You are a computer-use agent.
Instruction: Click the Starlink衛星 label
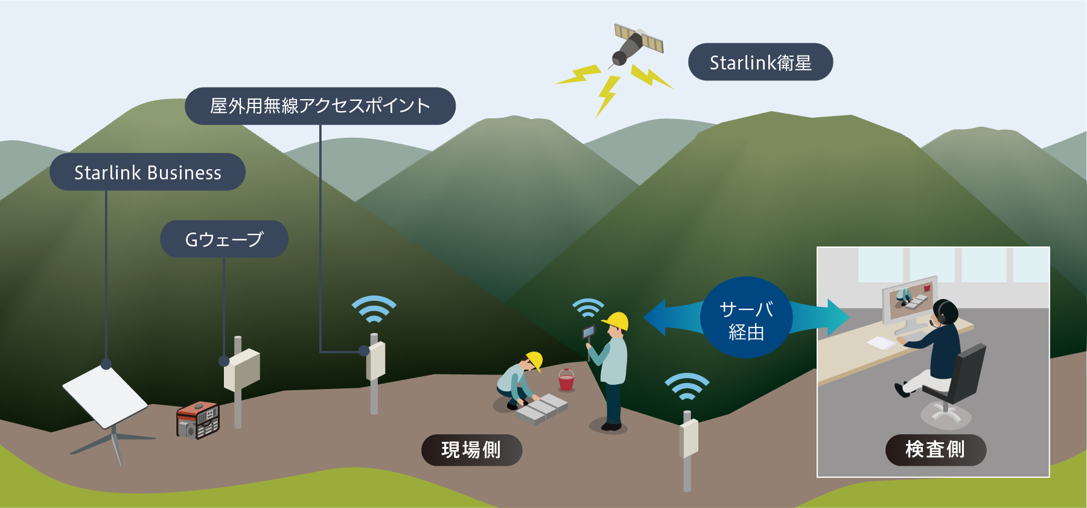[760, 62]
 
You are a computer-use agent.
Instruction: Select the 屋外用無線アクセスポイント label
[320, 106]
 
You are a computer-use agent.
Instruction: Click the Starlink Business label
[147, 173]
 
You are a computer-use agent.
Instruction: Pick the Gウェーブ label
[224, 239]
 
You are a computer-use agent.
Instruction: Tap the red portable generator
[197, 419]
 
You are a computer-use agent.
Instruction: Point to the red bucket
[566, 381]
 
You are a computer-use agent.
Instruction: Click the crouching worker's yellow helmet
[535, 360]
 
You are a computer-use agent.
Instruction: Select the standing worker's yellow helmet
[617, 320]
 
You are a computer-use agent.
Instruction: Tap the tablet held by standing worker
[588, 332]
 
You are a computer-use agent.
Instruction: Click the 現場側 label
[471, 450]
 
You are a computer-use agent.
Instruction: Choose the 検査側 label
[935, 450]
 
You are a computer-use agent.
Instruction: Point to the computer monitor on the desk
[909, 301]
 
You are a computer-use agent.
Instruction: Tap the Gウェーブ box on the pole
[242, 369]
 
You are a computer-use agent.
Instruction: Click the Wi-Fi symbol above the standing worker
[588, 307]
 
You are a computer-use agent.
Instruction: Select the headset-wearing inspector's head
[945, 312]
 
